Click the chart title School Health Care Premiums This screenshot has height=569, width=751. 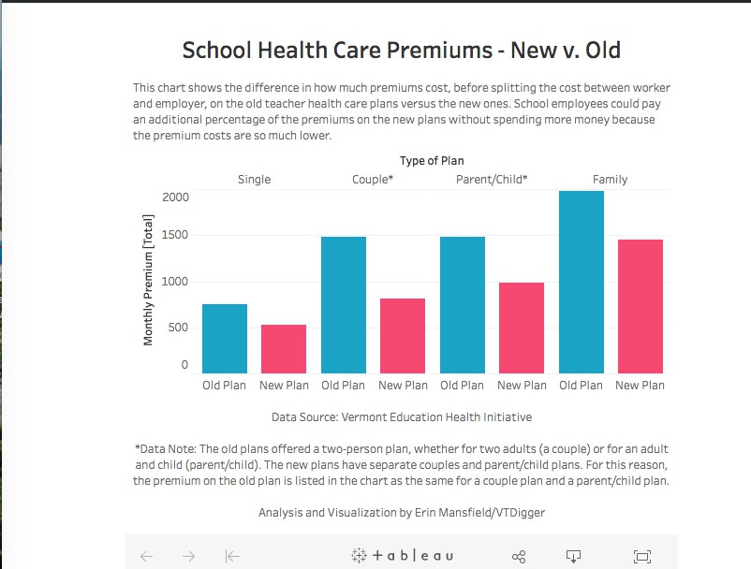point(401,51)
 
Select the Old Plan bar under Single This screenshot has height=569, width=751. point(225,338)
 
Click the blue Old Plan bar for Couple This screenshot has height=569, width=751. point(343,304)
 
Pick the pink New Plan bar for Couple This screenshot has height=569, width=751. point(403,335)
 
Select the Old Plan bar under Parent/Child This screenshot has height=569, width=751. point(462,304)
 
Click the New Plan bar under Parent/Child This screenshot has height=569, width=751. point(522,327)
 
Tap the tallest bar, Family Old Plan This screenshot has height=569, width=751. point(581,281)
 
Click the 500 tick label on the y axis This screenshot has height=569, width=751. point(178,328)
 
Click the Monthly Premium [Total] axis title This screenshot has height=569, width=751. point(149,280)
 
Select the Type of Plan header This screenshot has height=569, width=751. point(432,161)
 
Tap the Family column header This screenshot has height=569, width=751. point(610,180)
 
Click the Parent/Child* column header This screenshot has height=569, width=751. point(492,180)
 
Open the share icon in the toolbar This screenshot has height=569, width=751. point(520,556)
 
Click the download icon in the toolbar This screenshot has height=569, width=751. point(574,556)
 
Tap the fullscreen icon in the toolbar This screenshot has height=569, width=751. point(642,556)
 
